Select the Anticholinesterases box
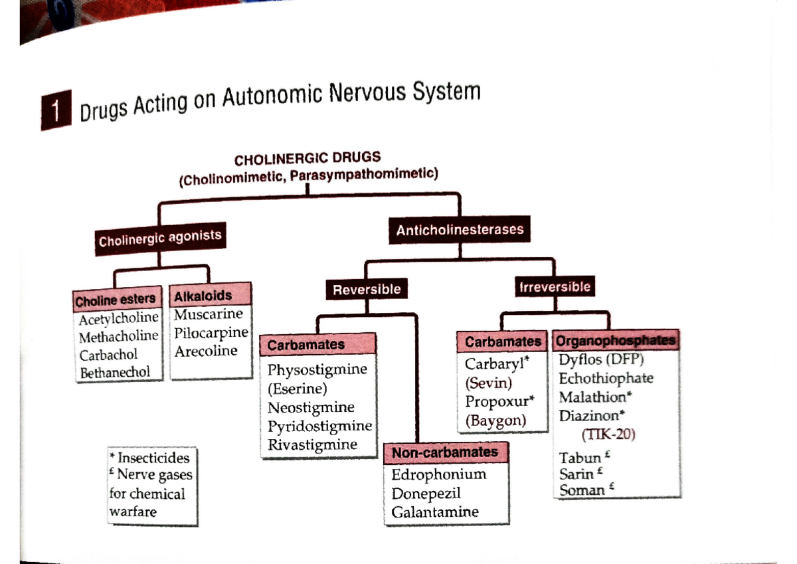coord(460,231)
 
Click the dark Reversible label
coord(367,290)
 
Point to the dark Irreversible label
coord(555,287)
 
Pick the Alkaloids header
coord(203,295)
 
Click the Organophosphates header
coord(615,341)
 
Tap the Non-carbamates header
coord(445,452)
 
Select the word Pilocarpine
coord(211,332)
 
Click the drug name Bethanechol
coord(115,373)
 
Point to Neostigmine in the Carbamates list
coord(311,407)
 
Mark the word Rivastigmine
coord(312,444)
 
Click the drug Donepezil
coord(426,494)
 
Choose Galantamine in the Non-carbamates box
coord(435,512)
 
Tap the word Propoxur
coord(496,401)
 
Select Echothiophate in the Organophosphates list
coord(606,379)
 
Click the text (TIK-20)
coord(608,435)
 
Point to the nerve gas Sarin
coord(577,474)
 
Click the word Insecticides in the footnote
coord(153,458)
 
